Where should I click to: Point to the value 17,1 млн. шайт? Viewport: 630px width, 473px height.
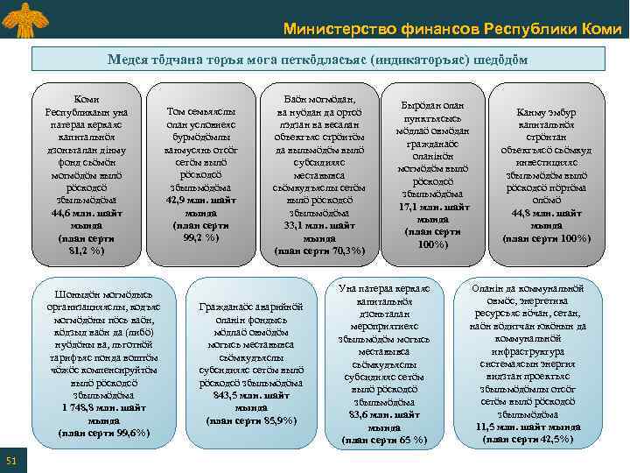click(435, 207)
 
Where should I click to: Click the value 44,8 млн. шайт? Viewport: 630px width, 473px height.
click(551, 212)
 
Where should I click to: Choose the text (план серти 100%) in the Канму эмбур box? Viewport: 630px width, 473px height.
click(551, 236)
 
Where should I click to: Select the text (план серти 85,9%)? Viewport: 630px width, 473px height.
click(251, 420)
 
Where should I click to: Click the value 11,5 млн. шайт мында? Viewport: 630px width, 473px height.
click(528, 427)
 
